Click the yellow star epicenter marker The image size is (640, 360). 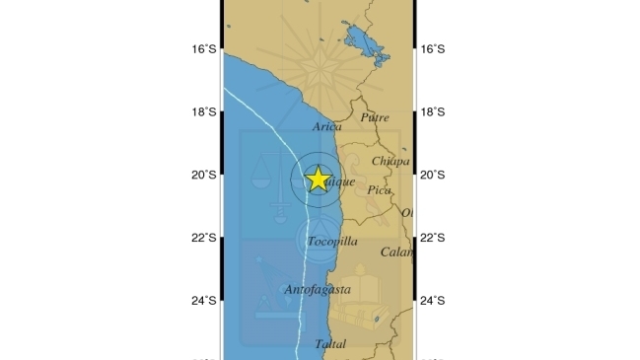click(318, 179)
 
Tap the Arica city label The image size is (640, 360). click(326, 126)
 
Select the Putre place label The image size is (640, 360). click(375, 117)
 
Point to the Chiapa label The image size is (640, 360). click(390, 161)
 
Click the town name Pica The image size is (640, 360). click(379, 189)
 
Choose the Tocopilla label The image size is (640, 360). click(332, 241)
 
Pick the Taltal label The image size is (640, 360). click(330, 344)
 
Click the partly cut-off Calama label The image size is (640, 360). click(396, 252)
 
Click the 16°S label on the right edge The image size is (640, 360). click(433, 48)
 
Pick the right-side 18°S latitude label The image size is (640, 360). click(433, 111)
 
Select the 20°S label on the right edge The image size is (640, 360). click(433, 175)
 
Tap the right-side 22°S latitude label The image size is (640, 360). click(433, 238)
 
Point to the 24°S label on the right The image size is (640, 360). click(433, 301)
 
